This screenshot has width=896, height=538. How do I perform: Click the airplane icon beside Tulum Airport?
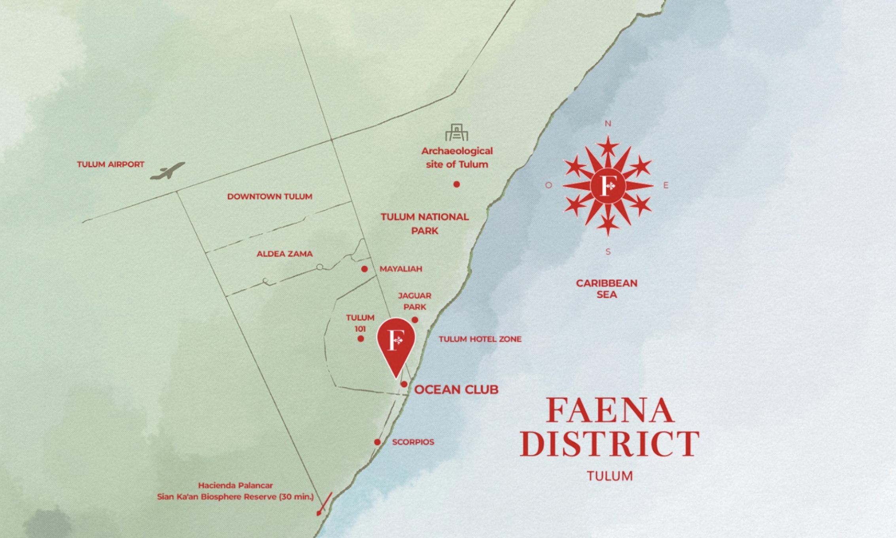point(168,171)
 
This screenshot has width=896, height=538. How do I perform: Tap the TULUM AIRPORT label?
point(110,165)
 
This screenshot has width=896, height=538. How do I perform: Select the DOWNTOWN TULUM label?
point(270,197)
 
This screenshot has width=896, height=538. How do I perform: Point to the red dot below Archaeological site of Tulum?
point(456,184)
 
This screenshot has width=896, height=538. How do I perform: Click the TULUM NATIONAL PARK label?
point(425,224)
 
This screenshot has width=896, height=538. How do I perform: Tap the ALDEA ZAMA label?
point(284,254)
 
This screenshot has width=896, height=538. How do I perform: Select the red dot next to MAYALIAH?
point(364,269)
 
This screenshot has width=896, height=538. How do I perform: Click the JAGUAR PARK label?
point(414,301)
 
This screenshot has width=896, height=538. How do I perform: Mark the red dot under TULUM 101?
point(361,339)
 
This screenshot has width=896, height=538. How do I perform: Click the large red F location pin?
point(396,342)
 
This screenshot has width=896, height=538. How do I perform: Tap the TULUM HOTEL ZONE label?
point(480,339)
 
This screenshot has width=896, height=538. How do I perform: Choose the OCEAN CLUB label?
point(456,390)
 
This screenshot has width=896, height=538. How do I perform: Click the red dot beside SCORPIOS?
point(377,442)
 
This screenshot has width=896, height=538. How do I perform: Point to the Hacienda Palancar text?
point(235,485)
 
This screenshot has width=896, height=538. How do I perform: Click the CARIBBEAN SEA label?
point(607,289)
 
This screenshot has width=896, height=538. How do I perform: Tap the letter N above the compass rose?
point(608,124)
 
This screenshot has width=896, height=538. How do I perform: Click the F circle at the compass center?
point(608,186)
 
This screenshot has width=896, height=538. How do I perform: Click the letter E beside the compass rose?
point(666,185)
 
